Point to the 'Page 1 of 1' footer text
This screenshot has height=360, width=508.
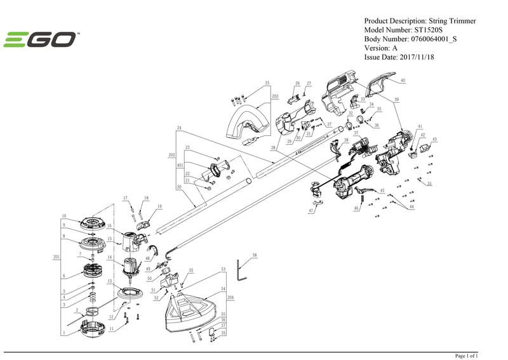[x=467, y=355]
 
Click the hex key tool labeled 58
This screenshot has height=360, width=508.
[x=241, y=270]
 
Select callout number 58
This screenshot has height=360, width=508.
[x=255, y=255]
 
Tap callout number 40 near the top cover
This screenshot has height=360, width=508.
[x=401, y=81]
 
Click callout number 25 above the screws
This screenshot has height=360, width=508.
[x=267, y=84]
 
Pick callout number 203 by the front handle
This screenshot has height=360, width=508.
[x=275, y=96]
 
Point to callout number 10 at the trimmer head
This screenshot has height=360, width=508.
[x=63, y=216]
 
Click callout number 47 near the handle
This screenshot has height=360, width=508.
[x=312, y=210]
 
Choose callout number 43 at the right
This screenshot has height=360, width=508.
[x=434, y=139]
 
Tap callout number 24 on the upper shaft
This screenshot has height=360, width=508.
[x=180, y=129]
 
